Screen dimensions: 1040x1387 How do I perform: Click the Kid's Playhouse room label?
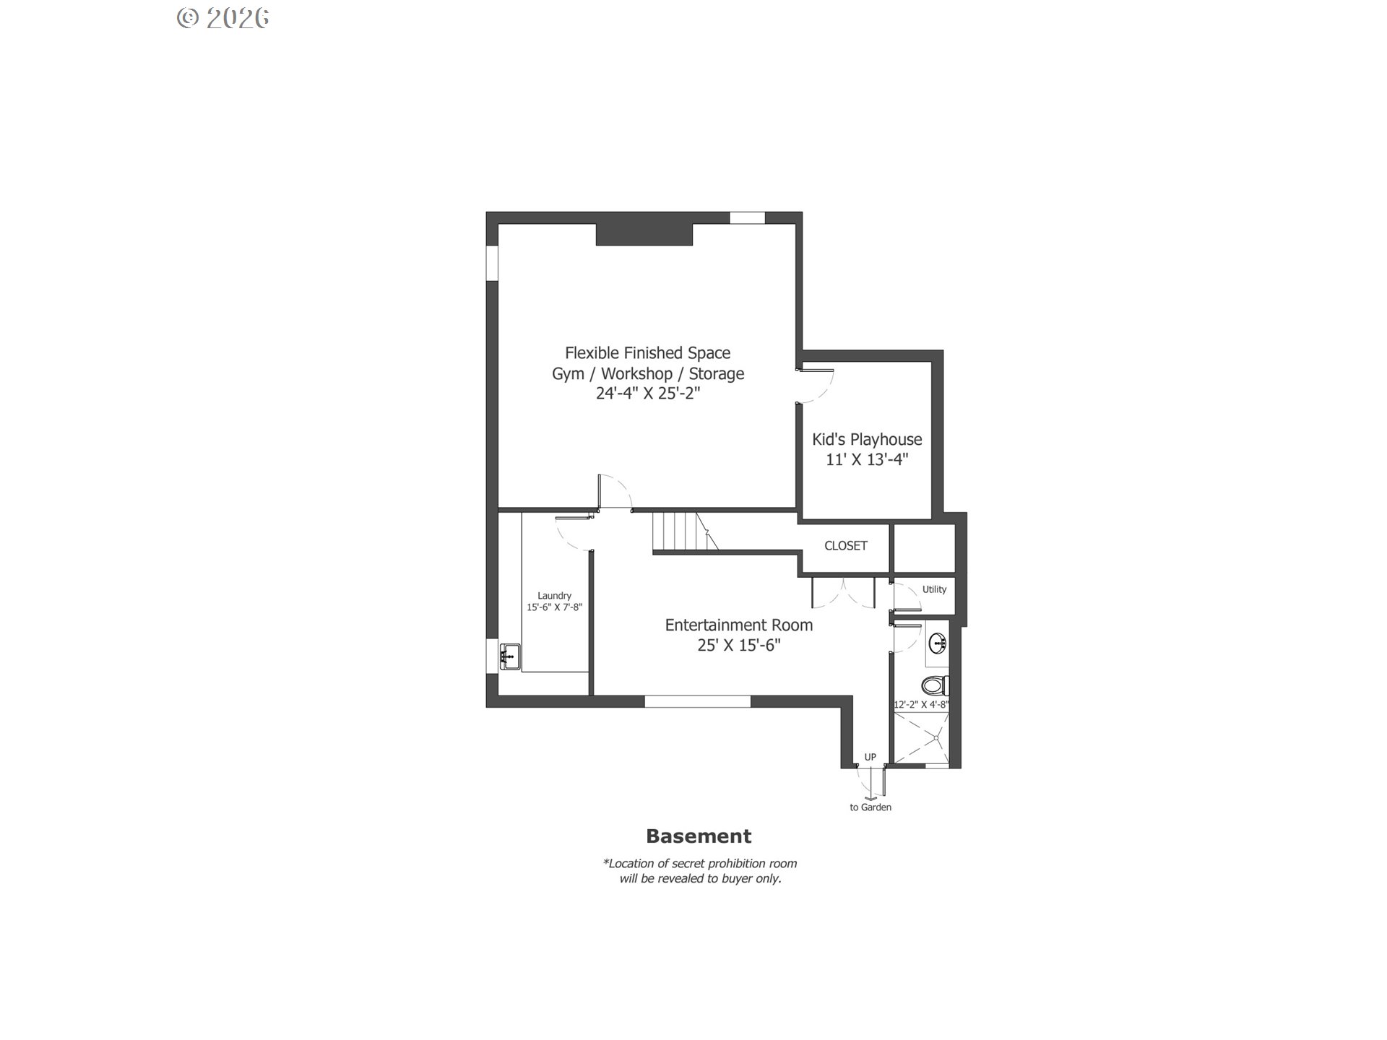[x=866, y=439]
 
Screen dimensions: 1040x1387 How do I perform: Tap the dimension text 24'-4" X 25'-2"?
[x=647, y=394]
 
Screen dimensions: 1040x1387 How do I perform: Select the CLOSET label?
[x=845, y=546]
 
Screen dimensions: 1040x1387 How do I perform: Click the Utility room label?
[x=933, y=589]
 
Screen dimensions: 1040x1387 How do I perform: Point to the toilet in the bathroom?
[x=935, y=685]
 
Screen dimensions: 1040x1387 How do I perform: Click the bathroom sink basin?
[x=938, y=642]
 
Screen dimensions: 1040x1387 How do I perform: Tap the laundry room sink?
[x=509, y=656]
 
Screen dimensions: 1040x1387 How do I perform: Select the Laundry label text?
[x=554, y=596]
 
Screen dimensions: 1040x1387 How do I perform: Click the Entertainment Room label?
[x=738, y=625]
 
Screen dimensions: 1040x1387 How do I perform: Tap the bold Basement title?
[x=698, y=836]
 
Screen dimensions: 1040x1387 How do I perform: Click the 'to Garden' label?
[x=870, y=807]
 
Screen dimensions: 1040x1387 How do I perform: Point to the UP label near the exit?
[x=870, y=757]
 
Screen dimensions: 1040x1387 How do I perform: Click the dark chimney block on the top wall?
[x=644, y=235]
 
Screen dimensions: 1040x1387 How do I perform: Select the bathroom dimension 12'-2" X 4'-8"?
[x=921, y=704]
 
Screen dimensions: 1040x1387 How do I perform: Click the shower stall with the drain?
[x=922, y=737]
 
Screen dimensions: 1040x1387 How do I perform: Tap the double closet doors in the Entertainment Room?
[x=844, y=592]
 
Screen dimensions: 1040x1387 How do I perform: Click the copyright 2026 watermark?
[x=223, y=18]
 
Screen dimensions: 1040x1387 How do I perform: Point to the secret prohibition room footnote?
[x=699, y=871]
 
